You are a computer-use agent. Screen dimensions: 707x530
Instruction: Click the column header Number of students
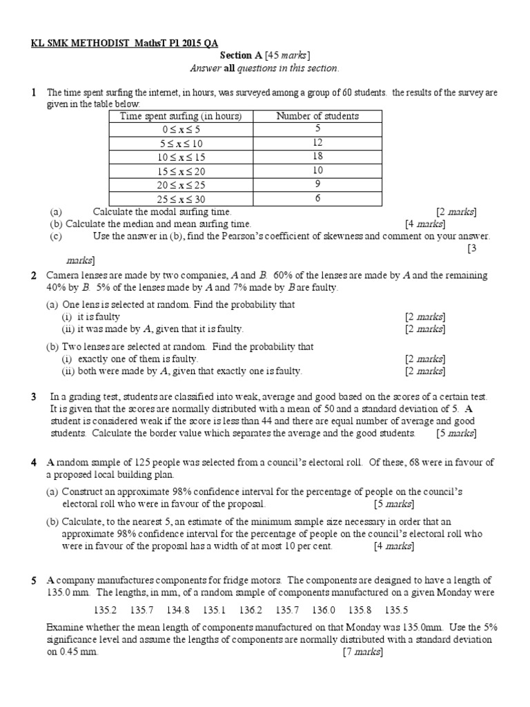[x=317, y=116]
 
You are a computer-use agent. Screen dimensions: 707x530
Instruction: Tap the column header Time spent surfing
[x=181, y=116]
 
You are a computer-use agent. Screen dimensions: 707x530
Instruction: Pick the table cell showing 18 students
[x=317, y=157]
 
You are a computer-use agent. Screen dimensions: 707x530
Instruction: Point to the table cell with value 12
[x=317, y=144]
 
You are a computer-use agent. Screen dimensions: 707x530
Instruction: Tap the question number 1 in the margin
[x=33, y=92]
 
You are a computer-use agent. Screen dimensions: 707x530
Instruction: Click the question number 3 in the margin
[x=33, y=397]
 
